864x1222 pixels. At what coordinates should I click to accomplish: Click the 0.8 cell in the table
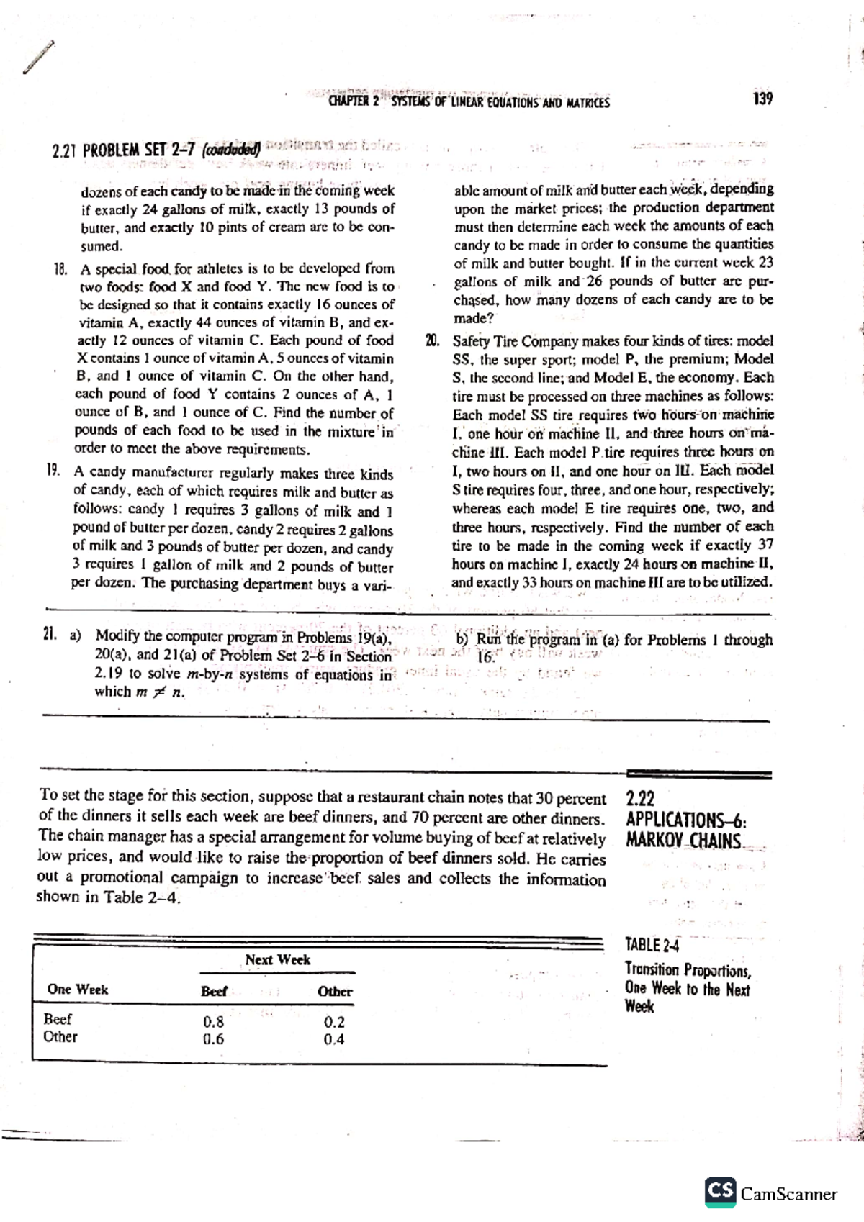pos(213,1022)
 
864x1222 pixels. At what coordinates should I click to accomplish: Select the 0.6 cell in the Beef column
pos(213,1039)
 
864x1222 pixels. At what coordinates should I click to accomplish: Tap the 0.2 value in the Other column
pos(334,1022)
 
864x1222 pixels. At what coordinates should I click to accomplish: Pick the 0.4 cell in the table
pos(334,1039)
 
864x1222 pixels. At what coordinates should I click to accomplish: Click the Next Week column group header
pos(277,959)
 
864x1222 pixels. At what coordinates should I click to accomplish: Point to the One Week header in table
pos(78,990)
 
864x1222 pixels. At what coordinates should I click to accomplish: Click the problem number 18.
pos(60,269)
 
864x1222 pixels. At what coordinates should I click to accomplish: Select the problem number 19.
pos(53,471)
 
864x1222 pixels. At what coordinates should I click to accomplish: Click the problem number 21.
pos(50,635)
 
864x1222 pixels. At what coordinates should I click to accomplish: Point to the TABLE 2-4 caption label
pos(652,945)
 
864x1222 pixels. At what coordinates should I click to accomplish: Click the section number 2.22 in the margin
pos(641,799)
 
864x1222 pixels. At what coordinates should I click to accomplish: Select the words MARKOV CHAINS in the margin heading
pos(683,841)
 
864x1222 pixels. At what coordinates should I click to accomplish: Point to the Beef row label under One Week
pos(58,1019)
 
